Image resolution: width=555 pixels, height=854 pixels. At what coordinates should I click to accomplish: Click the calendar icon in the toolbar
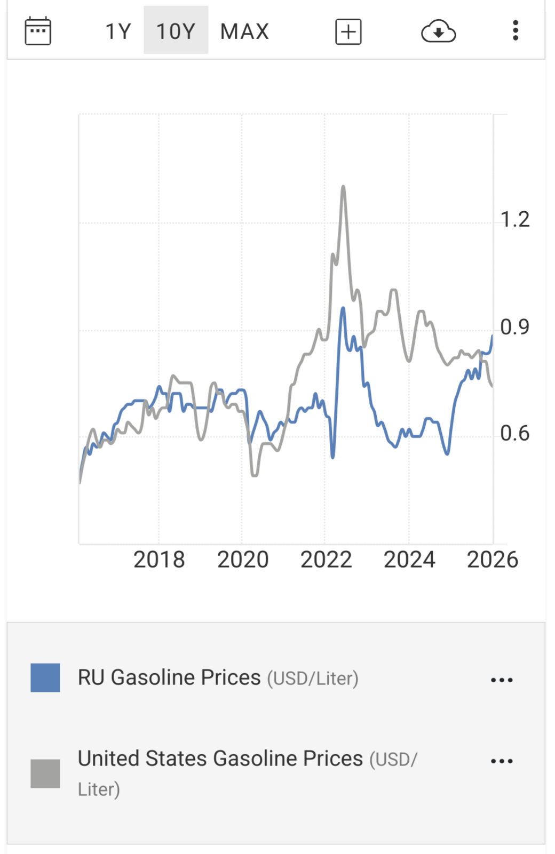tap(38, 31)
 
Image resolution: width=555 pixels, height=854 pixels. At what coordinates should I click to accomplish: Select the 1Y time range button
tap(118, 31)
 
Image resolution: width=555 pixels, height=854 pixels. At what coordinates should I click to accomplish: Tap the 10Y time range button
tap(176, 31)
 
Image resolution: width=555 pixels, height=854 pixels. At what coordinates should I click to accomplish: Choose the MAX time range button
tap(244, 31)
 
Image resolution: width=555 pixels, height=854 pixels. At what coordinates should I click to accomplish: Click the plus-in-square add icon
tap(348, 31)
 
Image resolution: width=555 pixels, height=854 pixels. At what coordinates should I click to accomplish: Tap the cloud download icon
tap(438, 31)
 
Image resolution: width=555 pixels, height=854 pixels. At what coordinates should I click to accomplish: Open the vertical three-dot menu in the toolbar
tap(516, 31)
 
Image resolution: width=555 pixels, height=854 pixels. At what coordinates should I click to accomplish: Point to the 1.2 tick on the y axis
tap(515, 219)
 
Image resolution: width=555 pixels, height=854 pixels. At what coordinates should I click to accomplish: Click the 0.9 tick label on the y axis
tap(515, 327)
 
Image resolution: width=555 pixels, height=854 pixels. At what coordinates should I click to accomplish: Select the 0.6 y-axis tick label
tap(515, 433)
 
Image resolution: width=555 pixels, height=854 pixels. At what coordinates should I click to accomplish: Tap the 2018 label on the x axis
tap(159, 560)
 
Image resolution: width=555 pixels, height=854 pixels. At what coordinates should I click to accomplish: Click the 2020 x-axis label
tap(243, 560)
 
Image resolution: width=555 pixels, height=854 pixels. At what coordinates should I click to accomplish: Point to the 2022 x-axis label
tap(326, 560)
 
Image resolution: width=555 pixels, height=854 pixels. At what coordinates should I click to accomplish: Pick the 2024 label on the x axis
tap(409, 560)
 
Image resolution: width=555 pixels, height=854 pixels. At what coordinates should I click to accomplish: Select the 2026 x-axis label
tap(493, 560)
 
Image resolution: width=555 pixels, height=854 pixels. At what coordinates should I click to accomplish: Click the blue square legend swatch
tap(45, 678)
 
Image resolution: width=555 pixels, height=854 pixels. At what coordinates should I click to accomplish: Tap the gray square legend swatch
tap(45, 773)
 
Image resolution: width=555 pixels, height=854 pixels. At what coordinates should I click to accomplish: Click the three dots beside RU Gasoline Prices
tap(502, 680)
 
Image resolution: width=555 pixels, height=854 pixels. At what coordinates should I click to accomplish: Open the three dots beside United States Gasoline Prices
tap(502, 761)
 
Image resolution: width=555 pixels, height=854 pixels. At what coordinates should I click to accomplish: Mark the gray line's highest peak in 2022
tap(343, 186)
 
